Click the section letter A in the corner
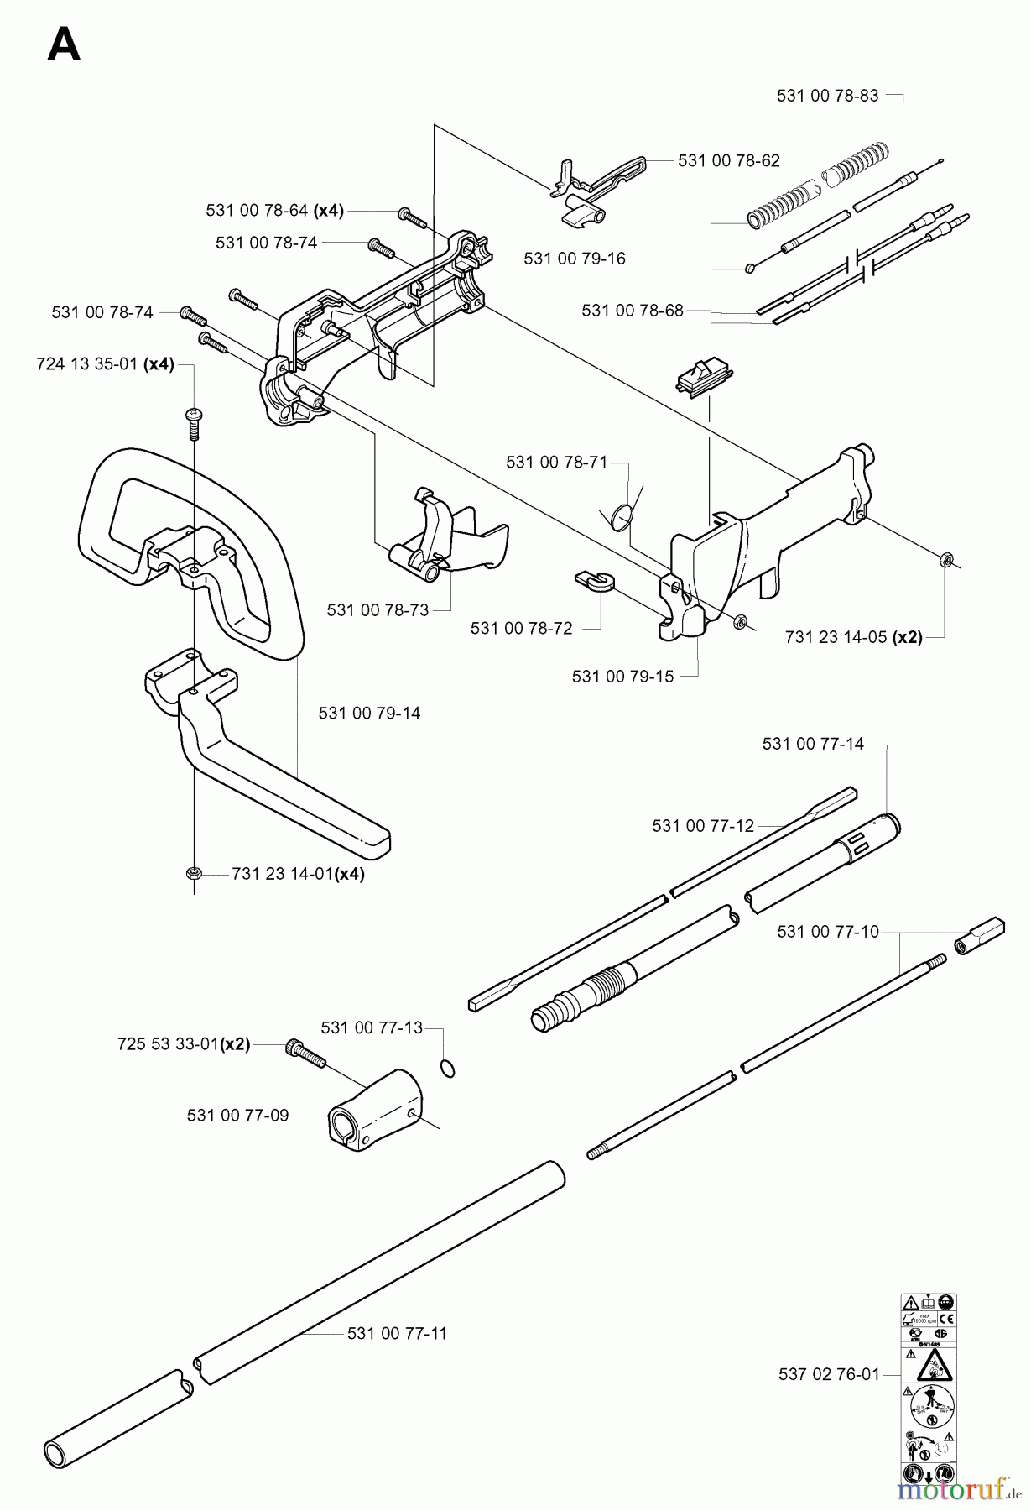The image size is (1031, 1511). pyautogui.click(x=64, y=44)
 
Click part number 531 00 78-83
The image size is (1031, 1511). pyautogui.click(x=827, y=96)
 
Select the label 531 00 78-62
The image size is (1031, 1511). pyautogui.click(x=728, y=160)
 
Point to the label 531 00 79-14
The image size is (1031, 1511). pyautogui.click(x=369, y=714)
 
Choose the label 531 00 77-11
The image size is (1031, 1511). pyautogui.click(x=397, y=1333)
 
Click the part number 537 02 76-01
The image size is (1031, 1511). pyautogui.click(x=829, y=1374)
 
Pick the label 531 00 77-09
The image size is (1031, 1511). pyautogui.click(x=237, y=1116)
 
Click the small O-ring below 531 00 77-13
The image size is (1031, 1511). pyautogui.click(x=448, y=1068)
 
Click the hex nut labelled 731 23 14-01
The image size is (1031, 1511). pyautogui.click(x=193, y=874)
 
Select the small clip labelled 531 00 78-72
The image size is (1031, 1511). pyautogui.click(x=595, y=580)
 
